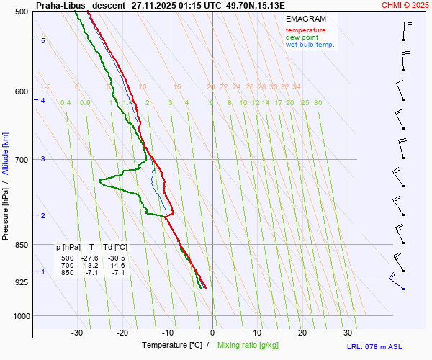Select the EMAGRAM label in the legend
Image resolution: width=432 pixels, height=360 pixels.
[x=305, y=18]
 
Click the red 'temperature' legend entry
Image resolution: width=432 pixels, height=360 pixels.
[x=305, y=30]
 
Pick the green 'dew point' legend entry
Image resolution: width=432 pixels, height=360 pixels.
[x=302, y=37]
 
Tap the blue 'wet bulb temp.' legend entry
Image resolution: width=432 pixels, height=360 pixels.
[x=310, y=45]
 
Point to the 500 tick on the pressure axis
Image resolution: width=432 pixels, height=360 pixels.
[x=22, y=12]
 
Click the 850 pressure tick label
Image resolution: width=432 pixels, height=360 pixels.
[x=22, y=245]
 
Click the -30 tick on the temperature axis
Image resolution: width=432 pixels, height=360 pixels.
[x=78, y=333]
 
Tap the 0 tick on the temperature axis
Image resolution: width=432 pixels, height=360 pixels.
[x=213, y=333]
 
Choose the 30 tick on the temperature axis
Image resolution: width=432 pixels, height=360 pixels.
[x=348, y=333]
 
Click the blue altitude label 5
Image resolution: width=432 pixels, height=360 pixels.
[x=43, y=41]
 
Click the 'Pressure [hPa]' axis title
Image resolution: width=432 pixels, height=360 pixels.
[x=6, y=209]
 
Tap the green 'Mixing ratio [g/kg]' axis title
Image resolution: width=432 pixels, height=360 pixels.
[x=251, y=346]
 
